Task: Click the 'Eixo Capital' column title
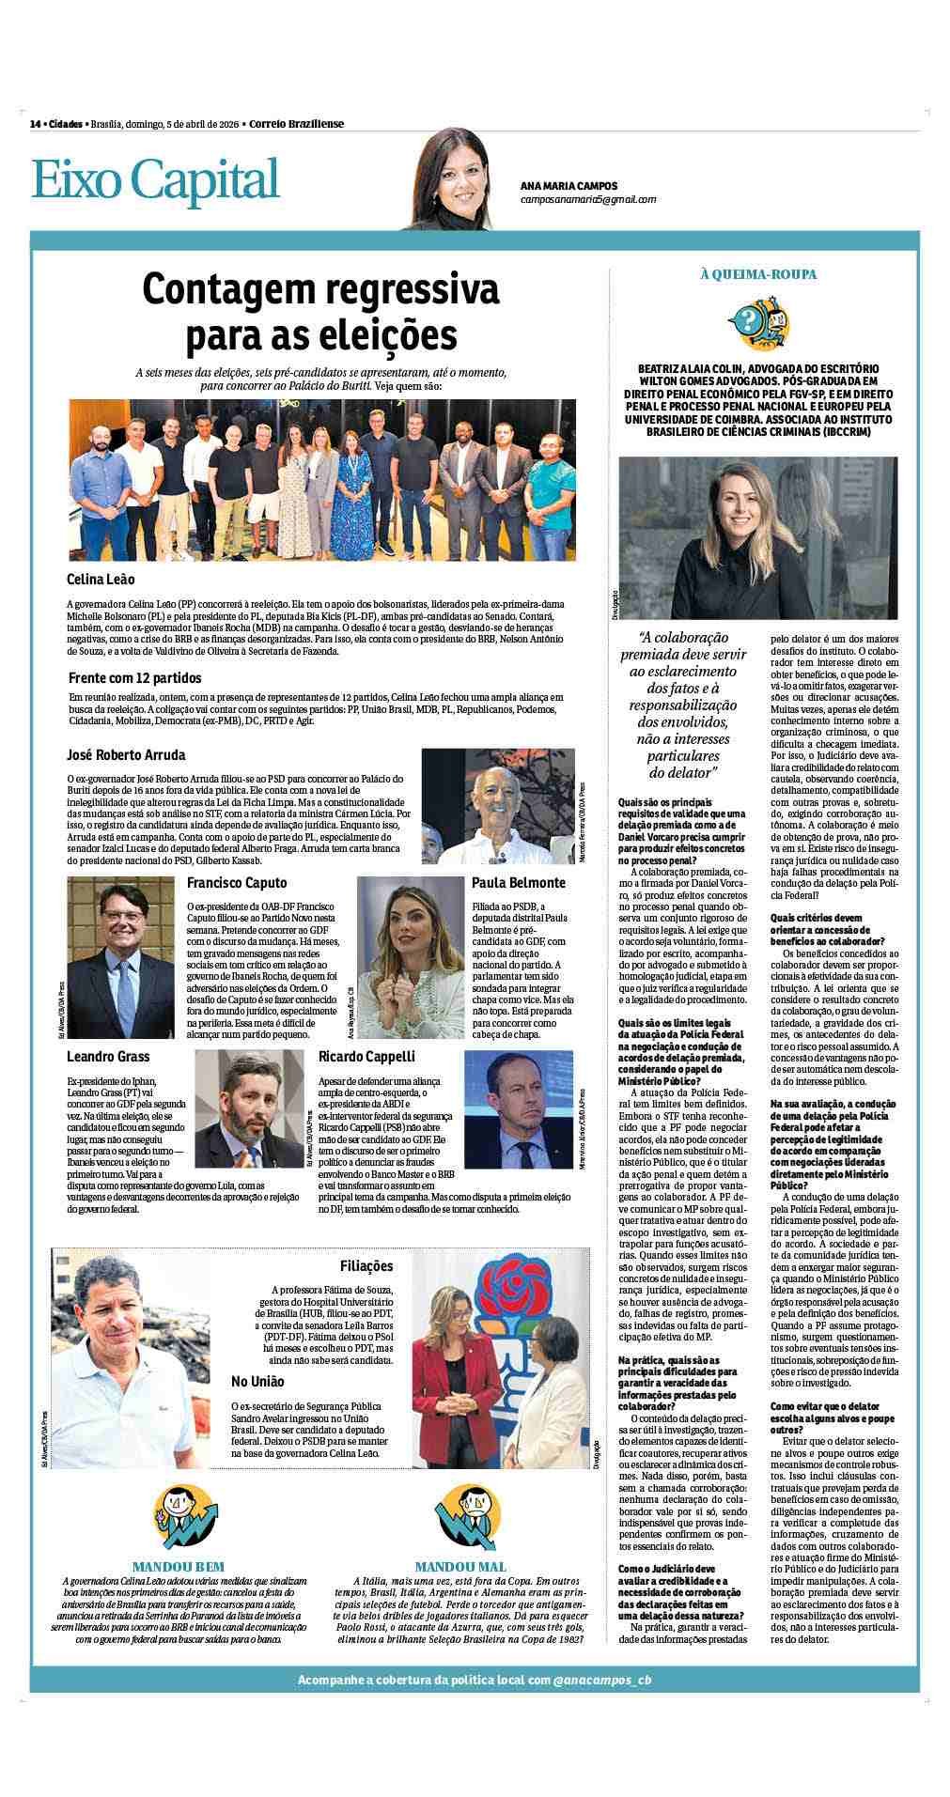(x=156, y=179)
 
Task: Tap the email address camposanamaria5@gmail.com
(x=587, y=199)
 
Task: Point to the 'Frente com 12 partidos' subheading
(x=134, y=677)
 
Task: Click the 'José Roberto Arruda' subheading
(x=126, y=755)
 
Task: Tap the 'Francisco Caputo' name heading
(x=237, y=883)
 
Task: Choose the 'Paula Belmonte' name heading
(x=518, y=883)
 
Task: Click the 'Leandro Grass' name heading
(x=108, y=1057)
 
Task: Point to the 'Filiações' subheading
(x=366, y=1266)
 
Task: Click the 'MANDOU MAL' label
(x=460, y=1566)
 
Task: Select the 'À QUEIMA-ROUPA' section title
(x=757, y=274)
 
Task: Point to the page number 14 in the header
(x=34, y=124)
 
